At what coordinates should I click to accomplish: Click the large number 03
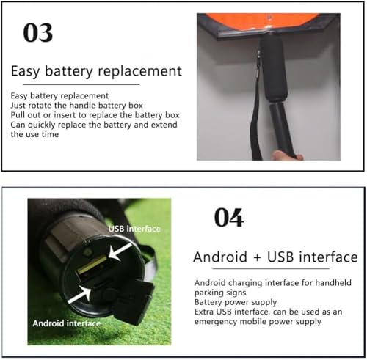[38, 33]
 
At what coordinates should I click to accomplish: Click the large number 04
[229, 217]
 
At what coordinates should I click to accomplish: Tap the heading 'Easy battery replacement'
[96, 71]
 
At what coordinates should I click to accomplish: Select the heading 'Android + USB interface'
[275, 257]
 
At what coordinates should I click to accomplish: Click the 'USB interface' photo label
[134, 229]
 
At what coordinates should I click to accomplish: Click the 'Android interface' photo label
[67, 323]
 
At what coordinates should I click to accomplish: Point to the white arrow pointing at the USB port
[120, 251]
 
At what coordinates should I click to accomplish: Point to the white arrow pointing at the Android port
[79, 295]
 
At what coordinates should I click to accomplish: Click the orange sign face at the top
[263, 21]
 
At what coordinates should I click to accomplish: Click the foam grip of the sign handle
[273, 67]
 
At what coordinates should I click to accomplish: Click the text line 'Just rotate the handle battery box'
[76, 106]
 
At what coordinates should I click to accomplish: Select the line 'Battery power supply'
[236, 302]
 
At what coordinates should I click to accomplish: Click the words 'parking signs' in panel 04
[220, 293]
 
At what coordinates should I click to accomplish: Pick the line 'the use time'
[34, 134]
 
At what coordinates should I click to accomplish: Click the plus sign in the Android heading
[257, 258]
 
